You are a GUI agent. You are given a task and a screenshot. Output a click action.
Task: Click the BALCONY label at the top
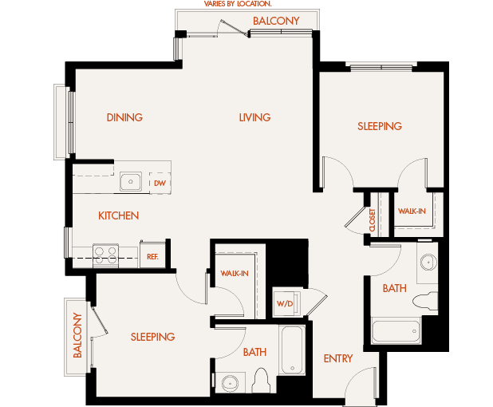point(276,21)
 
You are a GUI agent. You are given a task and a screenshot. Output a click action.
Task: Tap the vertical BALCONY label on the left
point(78,335)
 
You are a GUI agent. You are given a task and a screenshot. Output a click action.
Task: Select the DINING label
point(124,117)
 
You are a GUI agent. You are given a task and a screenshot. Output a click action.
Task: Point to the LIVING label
point(254,117)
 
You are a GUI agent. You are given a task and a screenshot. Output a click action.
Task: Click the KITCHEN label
point(119,215)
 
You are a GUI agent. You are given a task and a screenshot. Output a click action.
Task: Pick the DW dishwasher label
point(160,183)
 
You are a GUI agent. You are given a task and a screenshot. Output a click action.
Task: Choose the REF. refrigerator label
point(152,256)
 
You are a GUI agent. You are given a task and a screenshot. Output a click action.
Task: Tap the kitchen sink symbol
point(131,183)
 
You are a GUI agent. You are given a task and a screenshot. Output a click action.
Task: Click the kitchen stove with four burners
point(105,254)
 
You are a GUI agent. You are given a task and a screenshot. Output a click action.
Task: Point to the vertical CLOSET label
point(373,219)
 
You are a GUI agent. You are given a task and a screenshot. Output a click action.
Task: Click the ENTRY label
point(338,358)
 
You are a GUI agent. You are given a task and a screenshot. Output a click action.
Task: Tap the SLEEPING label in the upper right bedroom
point(380,126)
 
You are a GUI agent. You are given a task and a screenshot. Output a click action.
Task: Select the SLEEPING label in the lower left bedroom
point(152,337)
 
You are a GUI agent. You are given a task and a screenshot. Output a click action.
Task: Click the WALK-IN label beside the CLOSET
point(412,211)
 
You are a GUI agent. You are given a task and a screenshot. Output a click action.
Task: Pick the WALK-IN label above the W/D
point(235,274)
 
